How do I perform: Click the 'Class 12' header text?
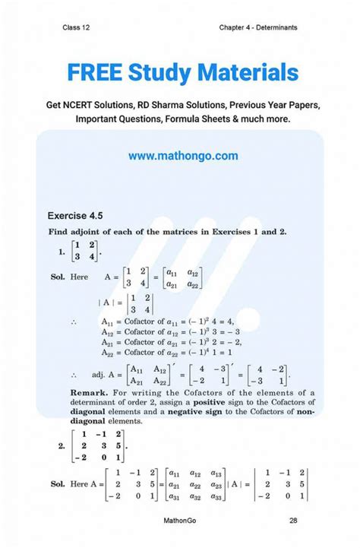tap(77, 27)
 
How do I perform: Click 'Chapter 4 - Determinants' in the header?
tap(257, 27)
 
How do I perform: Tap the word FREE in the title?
tap(94, 73)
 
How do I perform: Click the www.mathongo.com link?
tap(183, 156)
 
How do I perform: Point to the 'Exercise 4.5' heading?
tap(78, 214)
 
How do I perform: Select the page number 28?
tap(293, 521)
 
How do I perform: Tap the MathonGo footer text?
tap(182, 521)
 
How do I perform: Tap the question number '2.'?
tap(62, 446)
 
